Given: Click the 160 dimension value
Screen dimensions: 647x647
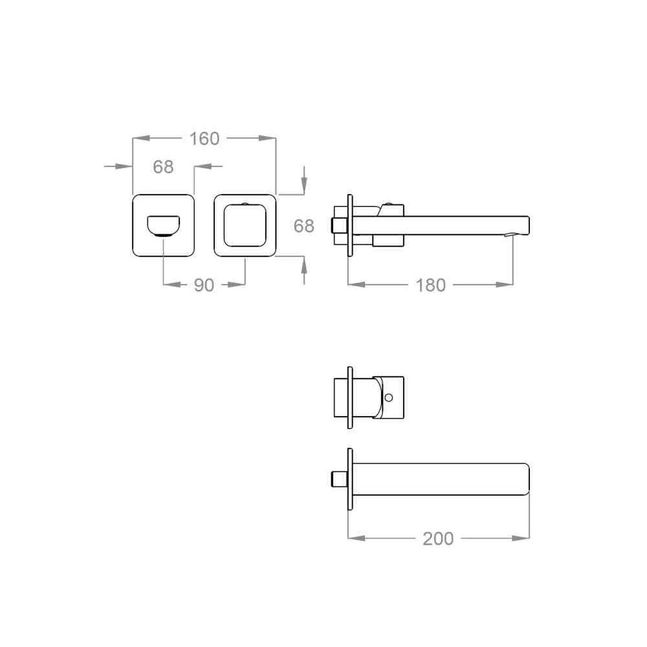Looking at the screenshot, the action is pyautogui.click(x=204, y=138).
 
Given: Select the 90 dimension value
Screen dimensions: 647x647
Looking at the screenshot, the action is pyautogui.click(x=204, y=285).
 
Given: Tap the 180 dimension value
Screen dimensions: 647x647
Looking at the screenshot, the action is pyautogui.click(x=430, y=285).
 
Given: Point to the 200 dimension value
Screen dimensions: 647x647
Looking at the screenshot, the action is pyautogui.click(x=438, y=538).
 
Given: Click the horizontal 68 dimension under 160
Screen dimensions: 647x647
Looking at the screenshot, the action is pyautogui.click(x=163, y=167).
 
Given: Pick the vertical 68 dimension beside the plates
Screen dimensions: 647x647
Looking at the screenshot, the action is pyautogui.click(x=303, y=226).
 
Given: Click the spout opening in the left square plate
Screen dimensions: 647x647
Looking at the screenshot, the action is pyautogui.click(x=164, y=226).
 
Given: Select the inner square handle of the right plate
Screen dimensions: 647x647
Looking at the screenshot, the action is pyautogui.click(x=245, y=225).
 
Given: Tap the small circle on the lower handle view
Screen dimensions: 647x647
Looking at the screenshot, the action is pyautogui.click(x=388, y=398).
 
